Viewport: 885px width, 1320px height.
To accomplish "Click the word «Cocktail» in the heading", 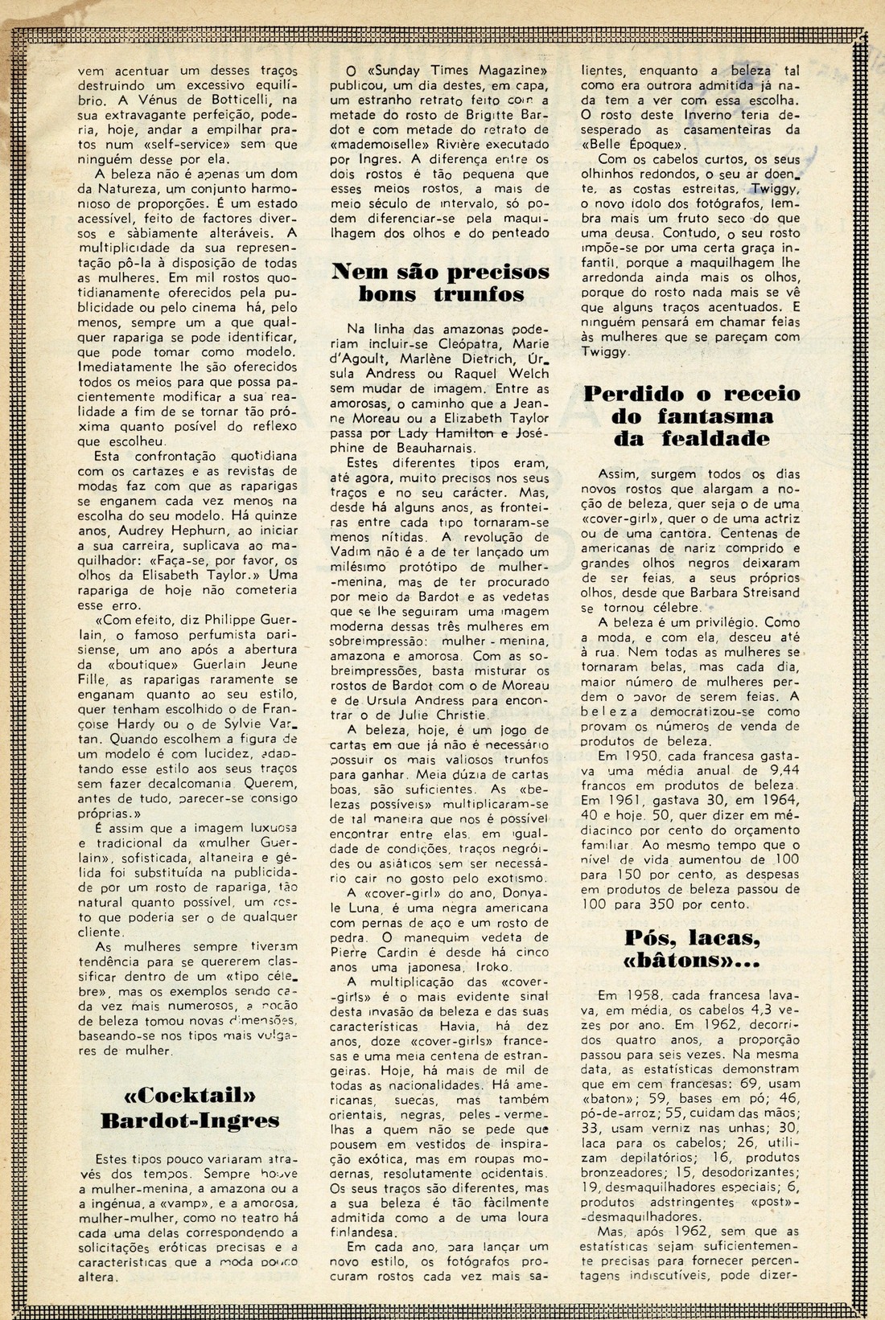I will click(191, 1096).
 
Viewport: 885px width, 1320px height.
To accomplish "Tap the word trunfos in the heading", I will click(480, 294).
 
